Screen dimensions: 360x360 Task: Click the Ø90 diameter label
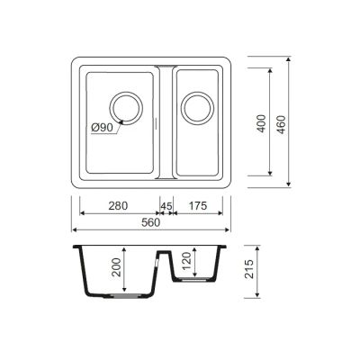point(102,128)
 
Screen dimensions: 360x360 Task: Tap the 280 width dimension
point(118,206)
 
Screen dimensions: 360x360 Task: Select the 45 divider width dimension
point(166,206)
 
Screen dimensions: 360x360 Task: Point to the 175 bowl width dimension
point(198,206)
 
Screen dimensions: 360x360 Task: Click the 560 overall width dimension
point(151,222)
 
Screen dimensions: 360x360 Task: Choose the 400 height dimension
point(262,123)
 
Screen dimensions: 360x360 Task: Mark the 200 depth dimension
point(116,267)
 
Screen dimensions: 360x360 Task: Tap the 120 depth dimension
point(186,261)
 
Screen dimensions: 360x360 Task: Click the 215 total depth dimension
point(249,269)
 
